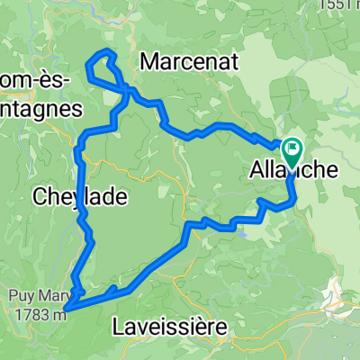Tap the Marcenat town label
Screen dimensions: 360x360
click(185, 63)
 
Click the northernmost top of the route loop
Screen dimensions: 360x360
click(107, 50)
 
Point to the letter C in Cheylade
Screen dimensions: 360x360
click(40, 195)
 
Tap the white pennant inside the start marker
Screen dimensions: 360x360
click(294, 147)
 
